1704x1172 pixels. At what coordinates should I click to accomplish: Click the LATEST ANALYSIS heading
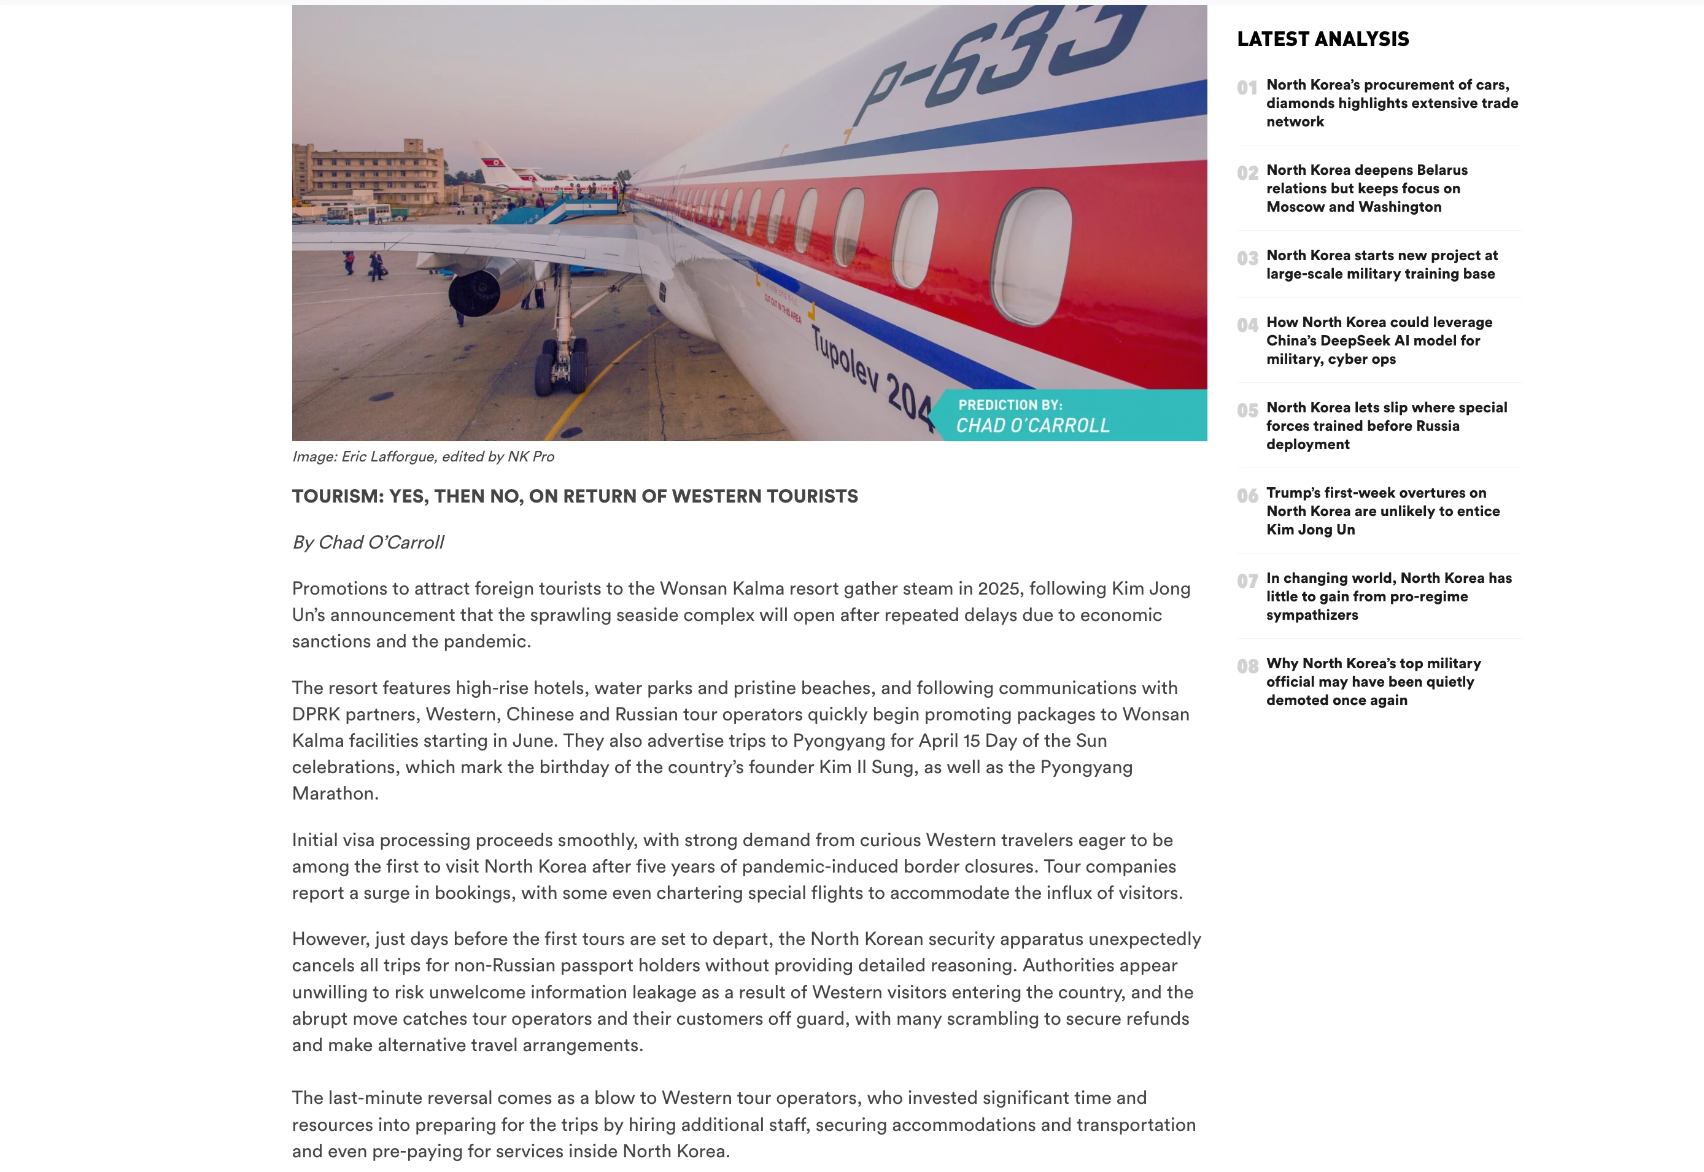click(x=1322, y=39)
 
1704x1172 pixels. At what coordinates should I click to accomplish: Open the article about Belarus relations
click(x=1366, y=188)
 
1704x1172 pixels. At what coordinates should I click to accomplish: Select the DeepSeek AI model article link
click(x=1379, y=340)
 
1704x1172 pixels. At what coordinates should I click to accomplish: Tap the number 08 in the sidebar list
click(x=1247, y=666)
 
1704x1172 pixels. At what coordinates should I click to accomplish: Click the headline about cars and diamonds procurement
click(x=1391, y=103)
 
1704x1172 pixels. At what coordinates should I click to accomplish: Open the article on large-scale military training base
click(x=1381, y=264)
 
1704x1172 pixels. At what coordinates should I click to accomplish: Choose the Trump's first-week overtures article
click(x=1382, y=511)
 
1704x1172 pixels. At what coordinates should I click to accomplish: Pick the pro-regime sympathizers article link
click(x=1388, y=596)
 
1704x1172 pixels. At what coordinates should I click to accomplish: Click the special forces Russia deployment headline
click(x=1386, y=425)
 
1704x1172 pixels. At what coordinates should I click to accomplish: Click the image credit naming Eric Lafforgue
click(x=423, y=456)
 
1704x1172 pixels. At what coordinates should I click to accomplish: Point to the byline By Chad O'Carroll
click(x=368, y=542)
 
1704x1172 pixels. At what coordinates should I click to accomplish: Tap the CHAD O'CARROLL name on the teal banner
click(x=1032, y=425)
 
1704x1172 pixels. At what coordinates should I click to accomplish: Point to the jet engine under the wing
click(x=478, y=291)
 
